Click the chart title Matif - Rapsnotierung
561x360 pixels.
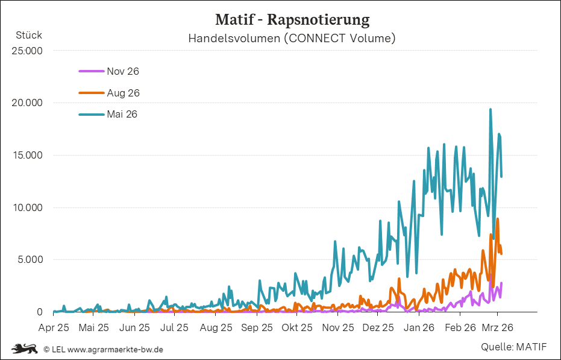pos(292,20)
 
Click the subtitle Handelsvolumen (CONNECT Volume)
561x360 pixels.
pos(292,39)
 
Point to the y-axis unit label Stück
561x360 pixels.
pos(28,35)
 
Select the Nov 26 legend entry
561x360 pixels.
pos(122,71)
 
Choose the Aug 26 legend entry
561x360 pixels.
pos(122,93)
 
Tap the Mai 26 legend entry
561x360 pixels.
pos(122,114)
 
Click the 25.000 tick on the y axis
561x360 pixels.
pos(27,51)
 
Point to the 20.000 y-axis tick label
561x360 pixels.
pos(27,103)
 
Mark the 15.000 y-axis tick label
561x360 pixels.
pos(27,155)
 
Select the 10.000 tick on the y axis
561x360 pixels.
pos(27,207)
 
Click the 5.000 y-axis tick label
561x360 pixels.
pos(30,260)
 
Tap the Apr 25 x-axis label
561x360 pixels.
pos(54,328)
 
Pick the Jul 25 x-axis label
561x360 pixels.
pos(175,328)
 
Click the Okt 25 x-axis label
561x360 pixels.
pos(297,328)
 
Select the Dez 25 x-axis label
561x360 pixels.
pos(379,328)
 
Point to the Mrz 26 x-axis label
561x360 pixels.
pos(498,328)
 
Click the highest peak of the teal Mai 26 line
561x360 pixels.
pos(490,110)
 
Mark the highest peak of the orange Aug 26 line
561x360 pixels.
pos(497,219)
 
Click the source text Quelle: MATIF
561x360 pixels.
pos(514,347)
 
